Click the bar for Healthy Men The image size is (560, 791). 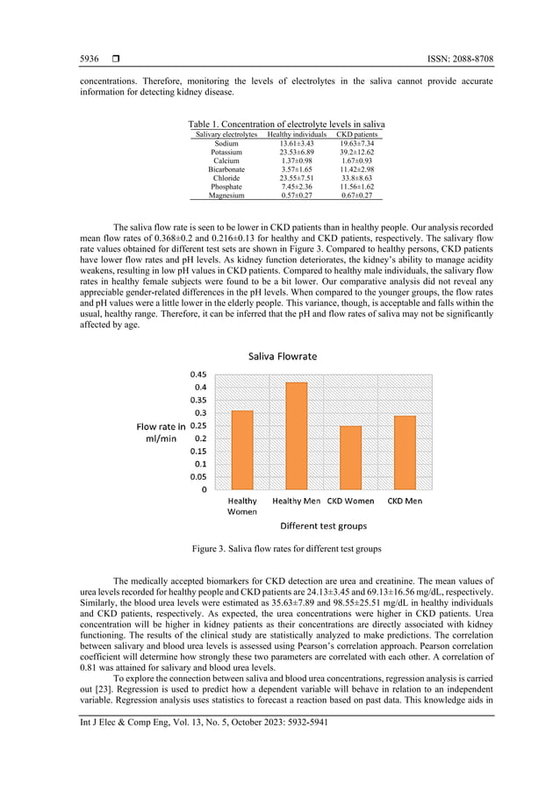(x=297, y=436)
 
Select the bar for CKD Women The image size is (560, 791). (x=350, y=458)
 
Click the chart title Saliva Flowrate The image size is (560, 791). (x=283, y=357)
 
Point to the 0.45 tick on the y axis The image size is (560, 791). (x=199, y=374)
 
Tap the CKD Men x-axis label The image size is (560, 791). (x=405, y=502)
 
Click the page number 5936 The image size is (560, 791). (x=90, y=59)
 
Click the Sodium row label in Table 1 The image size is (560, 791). (x=226, y=143)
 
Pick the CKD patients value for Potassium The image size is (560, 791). (x=357, y=152)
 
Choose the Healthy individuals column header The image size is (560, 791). (x=297, y=134)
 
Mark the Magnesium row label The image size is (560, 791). (x=226, y=196)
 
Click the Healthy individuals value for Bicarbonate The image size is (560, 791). (x=297, y=169)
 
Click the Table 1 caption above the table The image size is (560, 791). (x=286, y=125)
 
